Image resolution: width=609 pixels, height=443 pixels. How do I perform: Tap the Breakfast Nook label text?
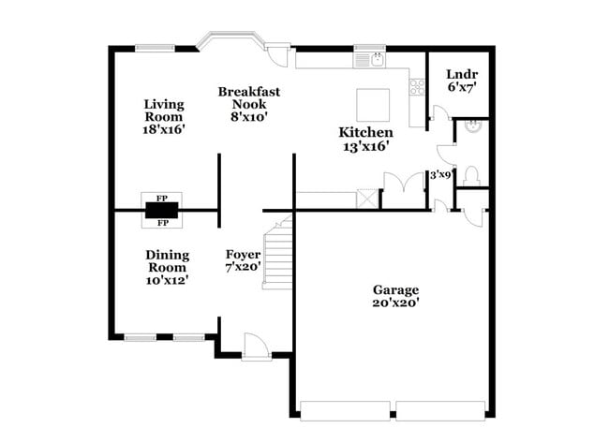[249, 97]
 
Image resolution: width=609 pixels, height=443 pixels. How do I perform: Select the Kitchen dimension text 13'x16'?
[365, 146]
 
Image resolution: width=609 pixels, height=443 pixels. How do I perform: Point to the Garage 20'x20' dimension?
[395, 303]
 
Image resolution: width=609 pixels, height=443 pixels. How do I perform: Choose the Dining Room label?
[168, 260]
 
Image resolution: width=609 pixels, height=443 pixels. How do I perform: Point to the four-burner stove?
[417, 88]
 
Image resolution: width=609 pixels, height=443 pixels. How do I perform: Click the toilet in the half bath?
[471, 175]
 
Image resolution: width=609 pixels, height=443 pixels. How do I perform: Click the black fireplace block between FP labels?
[161, 211]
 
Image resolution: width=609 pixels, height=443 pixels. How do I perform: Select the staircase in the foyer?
[276, 253]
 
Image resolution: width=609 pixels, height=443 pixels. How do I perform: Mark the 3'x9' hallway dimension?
[439, 174]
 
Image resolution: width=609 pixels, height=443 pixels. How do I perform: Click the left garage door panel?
[345, 410]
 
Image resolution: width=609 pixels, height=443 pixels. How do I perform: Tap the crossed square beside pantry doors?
[368, 199]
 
